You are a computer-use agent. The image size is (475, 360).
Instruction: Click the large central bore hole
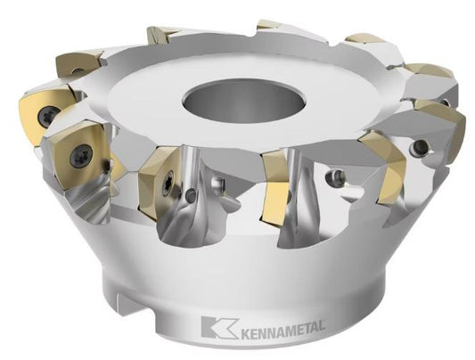tap(244, 102)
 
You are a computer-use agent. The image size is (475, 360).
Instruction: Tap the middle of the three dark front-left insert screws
tap(80, 155)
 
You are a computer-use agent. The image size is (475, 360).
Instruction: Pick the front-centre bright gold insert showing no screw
tap(276, 188)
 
